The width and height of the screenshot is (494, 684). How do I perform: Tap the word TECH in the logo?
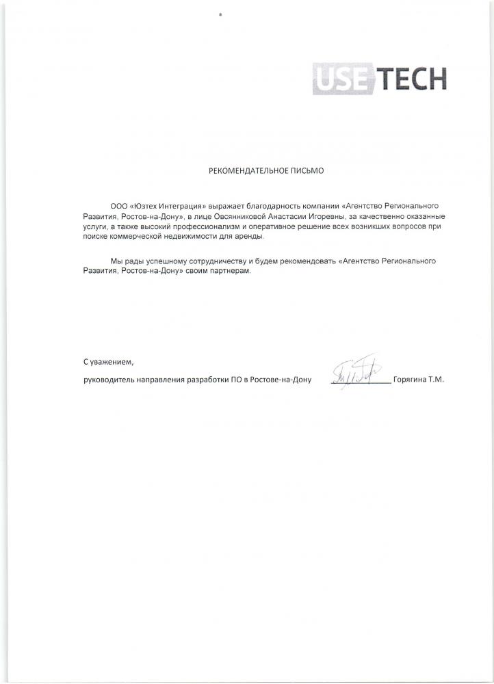(x=410, y=78)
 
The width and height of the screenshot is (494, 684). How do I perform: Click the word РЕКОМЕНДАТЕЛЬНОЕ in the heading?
(x=242, y=172)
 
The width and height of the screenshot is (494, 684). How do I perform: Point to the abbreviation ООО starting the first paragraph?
(x=118, y=205)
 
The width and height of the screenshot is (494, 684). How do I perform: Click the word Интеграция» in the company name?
(x=180, y=205)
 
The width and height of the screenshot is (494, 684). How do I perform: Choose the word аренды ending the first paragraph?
(x=250, y=236)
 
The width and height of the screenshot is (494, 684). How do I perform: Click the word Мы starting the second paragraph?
(x=116, y=261)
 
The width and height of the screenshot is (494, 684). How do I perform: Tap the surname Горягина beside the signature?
(x=410, y=379)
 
